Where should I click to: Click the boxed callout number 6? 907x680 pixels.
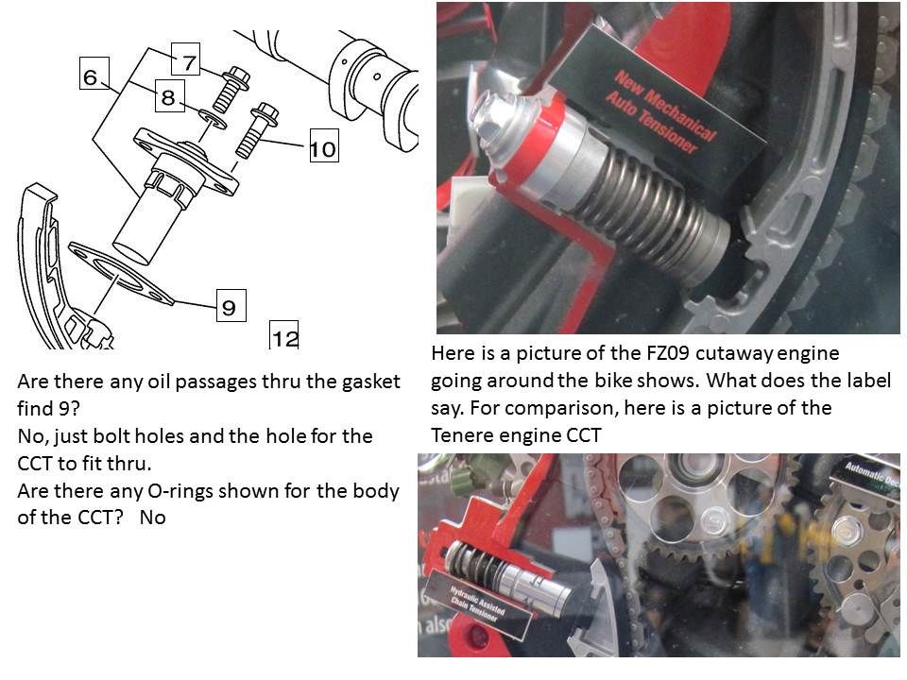coord(91,76)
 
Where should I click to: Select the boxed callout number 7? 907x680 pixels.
coord(188,62)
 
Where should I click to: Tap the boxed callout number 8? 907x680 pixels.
coord(167,96)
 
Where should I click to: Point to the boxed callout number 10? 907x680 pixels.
coord(322,148)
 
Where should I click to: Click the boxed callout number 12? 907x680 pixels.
coord(284,336)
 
